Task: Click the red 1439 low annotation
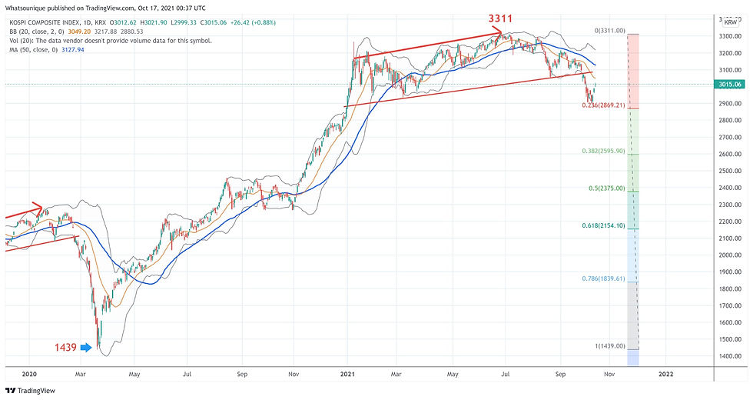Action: tap(65, 348)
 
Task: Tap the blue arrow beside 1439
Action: tap(86, 348)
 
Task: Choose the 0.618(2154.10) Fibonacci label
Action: tap(603, 225)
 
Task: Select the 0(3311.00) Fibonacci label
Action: tap(612, 31)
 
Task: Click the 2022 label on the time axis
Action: tap(665, 374)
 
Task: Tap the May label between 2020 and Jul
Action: tap(134, 374)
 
